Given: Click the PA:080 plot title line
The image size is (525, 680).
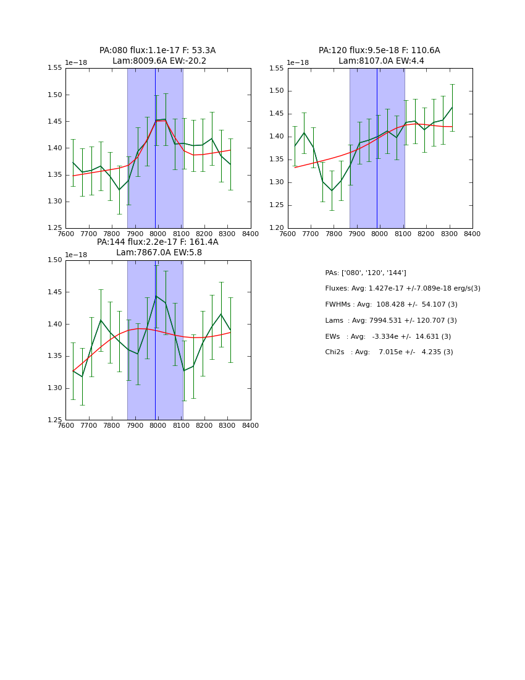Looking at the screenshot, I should coord(157,51).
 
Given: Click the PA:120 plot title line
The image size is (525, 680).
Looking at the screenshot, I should coord(379,51).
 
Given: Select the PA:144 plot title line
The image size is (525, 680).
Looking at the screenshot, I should coord(157,242).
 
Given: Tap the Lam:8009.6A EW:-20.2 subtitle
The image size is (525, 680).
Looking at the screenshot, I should coord(159,61).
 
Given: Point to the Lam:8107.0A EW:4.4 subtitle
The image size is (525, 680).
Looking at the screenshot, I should coord(381,61).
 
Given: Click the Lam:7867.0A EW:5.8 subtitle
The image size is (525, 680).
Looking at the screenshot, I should coord(159,253).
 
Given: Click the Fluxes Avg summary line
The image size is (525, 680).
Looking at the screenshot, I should coord(403,289).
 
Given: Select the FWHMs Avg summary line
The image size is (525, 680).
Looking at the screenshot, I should coord(391,305).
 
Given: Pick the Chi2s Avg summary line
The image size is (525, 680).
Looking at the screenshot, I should coord(388,352).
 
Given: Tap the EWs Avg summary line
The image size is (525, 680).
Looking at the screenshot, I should coord(388,337).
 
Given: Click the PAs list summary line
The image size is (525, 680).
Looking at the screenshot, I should coord(365,273).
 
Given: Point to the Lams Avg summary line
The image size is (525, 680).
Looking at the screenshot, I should coord(391,321).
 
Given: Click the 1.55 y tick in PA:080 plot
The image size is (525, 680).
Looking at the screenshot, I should coord(54,68).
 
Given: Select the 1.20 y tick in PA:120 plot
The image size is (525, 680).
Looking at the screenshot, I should coord(277,228).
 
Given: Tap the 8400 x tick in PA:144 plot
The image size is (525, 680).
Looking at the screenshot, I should coord(250,426).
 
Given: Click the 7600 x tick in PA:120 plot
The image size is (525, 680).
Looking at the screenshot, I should coord(288,234).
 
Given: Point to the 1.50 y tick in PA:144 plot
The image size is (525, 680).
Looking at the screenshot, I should coord(54,260).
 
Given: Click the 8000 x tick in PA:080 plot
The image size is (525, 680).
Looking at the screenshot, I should coord(158,234).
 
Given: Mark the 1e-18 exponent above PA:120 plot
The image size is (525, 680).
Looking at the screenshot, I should coord(298,63).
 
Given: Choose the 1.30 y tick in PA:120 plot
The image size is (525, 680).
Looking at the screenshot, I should coord(277,182).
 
